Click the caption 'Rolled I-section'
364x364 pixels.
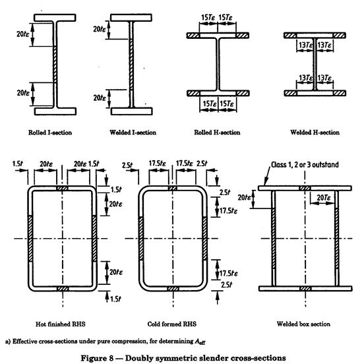(x=50, y=133)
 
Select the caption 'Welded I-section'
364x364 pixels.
(x=133, y=133)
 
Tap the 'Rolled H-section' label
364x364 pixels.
(x=217, y=133)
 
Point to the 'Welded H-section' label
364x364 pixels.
(x=315, y=133)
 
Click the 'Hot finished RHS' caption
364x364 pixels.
(x=61, y=324)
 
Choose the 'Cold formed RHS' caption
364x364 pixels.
(x=172, y=324)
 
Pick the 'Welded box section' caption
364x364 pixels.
(x=303, y=324)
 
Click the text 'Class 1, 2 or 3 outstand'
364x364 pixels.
(x=305, y=165)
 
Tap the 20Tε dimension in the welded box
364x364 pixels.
(x=323, y=198)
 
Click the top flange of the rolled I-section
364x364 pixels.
(x=55, y=18)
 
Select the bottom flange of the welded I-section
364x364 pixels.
(x=132, y=111)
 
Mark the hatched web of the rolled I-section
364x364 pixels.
(x=55, y=65)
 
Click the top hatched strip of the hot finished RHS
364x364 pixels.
(x=62, y=189)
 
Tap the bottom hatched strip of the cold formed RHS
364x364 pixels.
(x=173, y=289)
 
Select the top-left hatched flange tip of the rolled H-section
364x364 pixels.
(x=193, y=36)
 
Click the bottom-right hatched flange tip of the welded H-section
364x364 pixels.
(x=340, y=93)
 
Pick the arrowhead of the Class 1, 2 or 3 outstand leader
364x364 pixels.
(x=266, y=183)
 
